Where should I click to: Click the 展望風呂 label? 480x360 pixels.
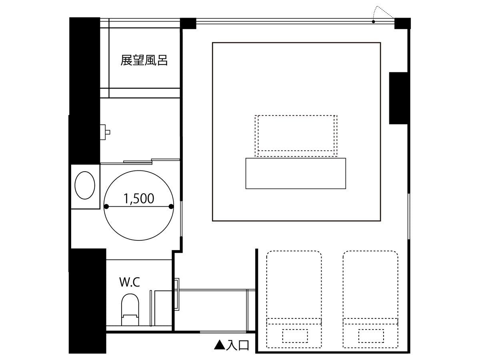[x=144, y=60]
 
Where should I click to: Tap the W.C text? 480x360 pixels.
[x=130, y=282]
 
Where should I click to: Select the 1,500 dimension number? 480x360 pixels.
[x=139, y=198]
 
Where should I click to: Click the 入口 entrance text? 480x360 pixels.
[x=238, y=345]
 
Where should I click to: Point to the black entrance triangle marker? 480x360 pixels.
[x=220, y=345]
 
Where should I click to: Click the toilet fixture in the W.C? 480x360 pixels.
[x=130, y=310]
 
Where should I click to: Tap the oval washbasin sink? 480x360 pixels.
[x=85, y=185]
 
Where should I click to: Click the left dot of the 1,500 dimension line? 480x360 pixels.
[x=106, y=206]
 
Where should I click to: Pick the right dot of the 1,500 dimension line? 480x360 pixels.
[x=171, y=206]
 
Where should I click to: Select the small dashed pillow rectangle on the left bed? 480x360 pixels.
[x=295, y=336]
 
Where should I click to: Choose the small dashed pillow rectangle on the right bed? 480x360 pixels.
[x=371, y=336]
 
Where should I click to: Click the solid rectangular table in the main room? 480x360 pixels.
[x=296, y=173]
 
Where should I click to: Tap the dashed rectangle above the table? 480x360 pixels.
[x=296, y=136]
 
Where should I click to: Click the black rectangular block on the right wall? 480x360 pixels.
[x=398, y=98]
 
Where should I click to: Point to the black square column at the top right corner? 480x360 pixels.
[x=402, y=23]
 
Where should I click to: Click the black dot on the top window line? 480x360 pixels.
[x=373, y=22]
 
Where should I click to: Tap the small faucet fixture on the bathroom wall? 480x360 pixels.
[x=105, y=132]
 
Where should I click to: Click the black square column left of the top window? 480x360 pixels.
[x=188, y=23]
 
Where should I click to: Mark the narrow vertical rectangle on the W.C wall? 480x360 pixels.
[x=151, y=308]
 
